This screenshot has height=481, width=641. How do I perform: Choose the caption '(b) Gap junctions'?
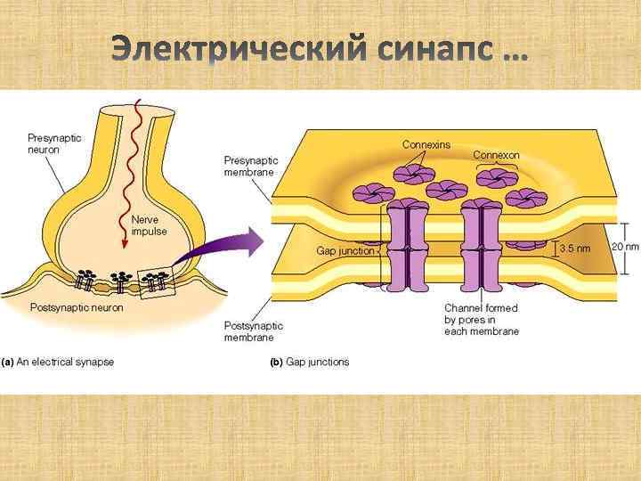(x=310, y=363)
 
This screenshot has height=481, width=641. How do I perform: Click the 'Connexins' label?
(x=426, y=143)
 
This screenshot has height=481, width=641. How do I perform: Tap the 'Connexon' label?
(x=496, y=155)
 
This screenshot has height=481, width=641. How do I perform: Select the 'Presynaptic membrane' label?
(x=250, y=167)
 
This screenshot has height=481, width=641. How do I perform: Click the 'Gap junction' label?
(x=348, y=251)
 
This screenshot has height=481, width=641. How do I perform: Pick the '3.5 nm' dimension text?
(x=573, y=249)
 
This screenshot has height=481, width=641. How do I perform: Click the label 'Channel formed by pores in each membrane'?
(x=482, y=320)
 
